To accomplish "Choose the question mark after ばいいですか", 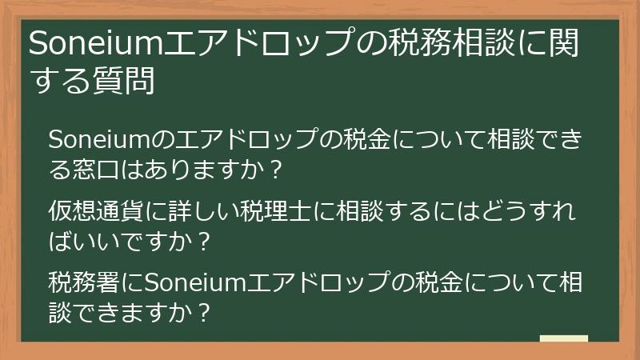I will [x=203, y=241].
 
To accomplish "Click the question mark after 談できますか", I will [x=203, y=311].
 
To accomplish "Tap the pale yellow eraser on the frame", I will [x=563, y=338].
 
